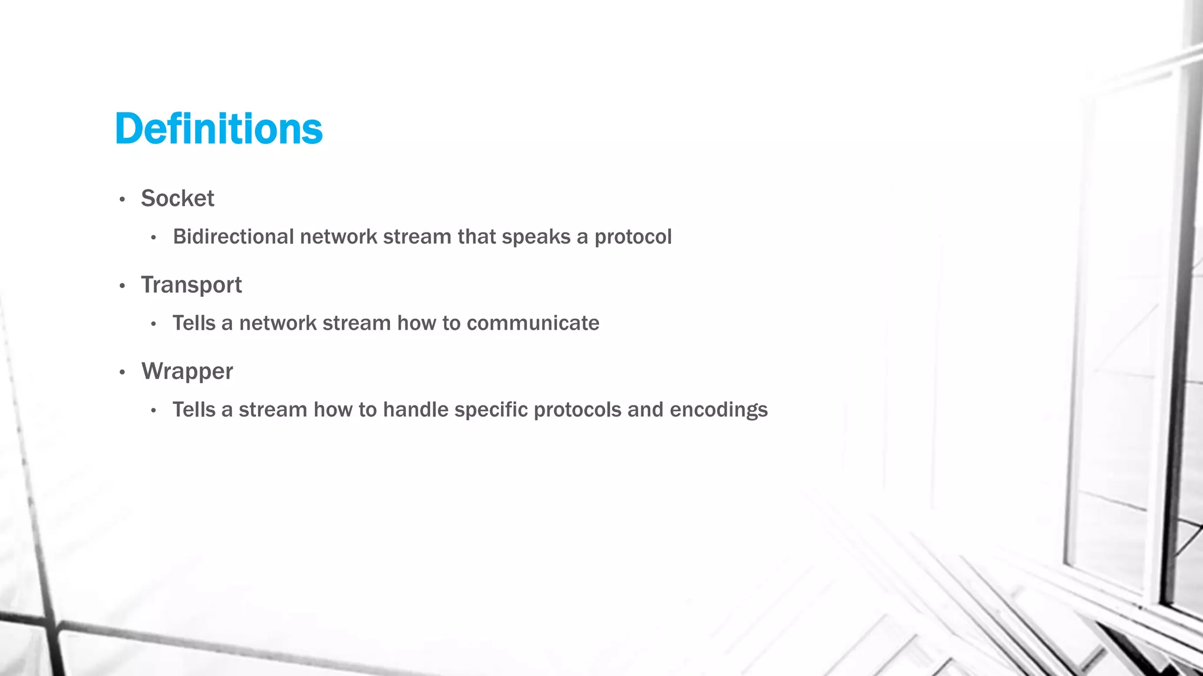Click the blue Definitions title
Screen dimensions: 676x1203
coord(219,129)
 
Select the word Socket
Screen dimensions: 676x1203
coord(177,198)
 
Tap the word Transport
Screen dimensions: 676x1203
coord(191,285)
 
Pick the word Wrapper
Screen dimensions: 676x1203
coord(187,371)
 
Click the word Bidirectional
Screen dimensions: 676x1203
coord(233,236)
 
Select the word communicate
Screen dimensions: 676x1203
coord(533,323)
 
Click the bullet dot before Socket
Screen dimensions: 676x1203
coord(122,200)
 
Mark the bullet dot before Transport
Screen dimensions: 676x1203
coord(122,286)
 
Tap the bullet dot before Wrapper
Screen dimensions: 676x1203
coord(122,373)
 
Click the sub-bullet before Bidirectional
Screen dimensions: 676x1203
coord(153,238)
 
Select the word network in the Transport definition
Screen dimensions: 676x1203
coord(277,323)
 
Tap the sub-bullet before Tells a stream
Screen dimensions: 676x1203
coord(153,411)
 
